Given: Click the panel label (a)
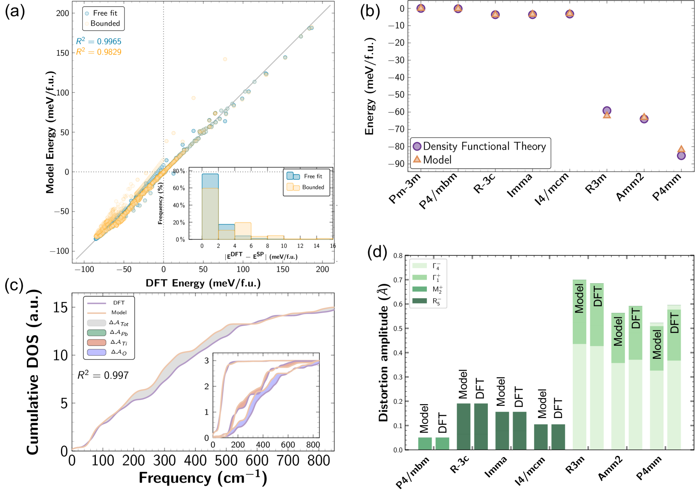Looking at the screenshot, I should pyautogui.click(x=14, y=11).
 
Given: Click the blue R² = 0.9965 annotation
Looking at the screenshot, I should pyautogui.click(x=99, y=41).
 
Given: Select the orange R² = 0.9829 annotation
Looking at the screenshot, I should pyautogui.click(x=99, y=52).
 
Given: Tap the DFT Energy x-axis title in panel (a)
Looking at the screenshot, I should pyautogui.click(x=203, y=283).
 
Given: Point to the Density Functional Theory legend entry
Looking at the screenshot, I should pyautogui.click(x=479, y=146).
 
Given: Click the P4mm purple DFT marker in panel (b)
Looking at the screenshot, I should pyautogui.click(x=681, y=155).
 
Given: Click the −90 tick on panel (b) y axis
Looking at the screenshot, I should pyautogui.click(x=396, y=163).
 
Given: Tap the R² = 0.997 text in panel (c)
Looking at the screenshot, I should pyautogui.click(x=103, y=375).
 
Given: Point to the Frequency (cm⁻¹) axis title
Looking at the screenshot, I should pyautogui.click(x=203, y=478).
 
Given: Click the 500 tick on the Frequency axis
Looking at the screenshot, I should pyautogui.click(x=226, y=461).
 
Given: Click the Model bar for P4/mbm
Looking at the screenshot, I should pyautogui.click(x=425, y=443).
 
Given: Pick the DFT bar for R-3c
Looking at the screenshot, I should pyautogui.click(x=481, y=426).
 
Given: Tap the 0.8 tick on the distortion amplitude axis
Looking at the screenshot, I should pyautogui.click(x=398, y=255).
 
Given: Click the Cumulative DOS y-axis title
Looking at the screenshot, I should pyautogui.click(x=33, y=372).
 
